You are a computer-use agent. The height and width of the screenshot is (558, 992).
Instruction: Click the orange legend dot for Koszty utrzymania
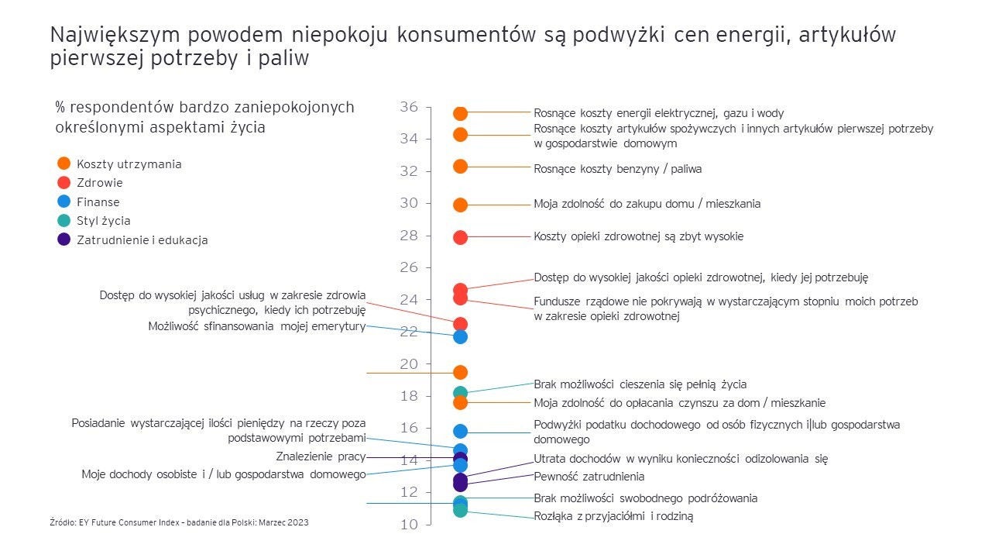[x=64, y=164]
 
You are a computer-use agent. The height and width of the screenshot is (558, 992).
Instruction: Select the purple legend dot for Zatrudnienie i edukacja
[x=64, y=239]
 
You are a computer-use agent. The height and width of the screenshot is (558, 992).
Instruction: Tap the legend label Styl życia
[x=104, y=221]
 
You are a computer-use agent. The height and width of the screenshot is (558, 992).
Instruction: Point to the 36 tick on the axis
[x=409, y=107]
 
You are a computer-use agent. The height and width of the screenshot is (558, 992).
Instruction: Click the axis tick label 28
[x=409, y=236]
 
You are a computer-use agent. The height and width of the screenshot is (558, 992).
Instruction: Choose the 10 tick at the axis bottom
[x=409, y=525]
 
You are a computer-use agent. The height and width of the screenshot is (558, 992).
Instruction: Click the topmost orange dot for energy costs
[x=460, y=114]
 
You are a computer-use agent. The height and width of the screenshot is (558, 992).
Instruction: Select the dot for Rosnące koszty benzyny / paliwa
[x=460, y=166]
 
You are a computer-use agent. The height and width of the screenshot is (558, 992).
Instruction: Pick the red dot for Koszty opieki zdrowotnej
[x=460, y=237]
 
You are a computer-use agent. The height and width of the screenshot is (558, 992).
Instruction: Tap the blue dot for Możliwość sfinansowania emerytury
[x=460, y=336]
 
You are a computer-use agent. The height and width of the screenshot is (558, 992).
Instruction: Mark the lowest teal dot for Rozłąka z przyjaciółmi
[x=460, y=511]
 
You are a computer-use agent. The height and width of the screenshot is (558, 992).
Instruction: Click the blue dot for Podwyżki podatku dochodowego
[x=460, y=431]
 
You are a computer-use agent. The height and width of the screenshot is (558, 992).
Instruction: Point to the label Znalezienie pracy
[x=321, y=456]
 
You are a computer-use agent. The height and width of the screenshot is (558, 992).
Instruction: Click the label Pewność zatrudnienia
[x=589, y=477]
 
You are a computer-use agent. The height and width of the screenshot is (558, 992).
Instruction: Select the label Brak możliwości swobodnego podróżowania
[x=645, y=498]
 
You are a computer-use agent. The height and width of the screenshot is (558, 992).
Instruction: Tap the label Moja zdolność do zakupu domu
[x=647, y=204]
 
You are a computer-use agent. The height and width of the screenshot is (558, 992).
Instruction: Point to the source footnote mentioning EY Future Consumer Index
[x=179, y=522]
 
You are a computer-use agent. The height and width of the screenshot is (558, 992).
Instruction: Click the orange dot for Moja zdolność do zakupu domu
[x=460, y=205]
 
